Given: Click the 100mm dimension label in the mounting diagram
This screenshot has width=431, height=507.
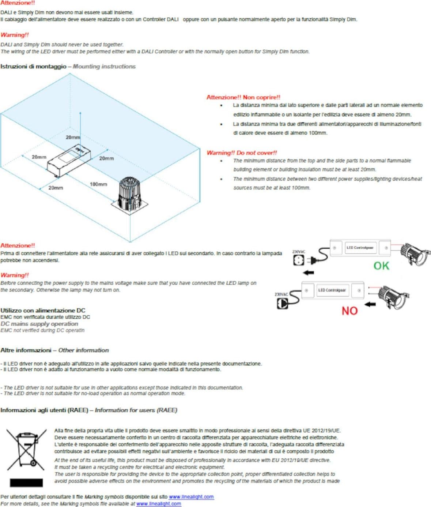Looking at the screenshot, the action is point(98,184).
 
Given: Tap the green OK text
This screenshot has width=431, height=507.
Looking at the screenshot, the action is point(381,266).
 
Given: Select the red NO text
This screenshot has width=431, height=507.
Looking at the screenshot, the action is point(349,311).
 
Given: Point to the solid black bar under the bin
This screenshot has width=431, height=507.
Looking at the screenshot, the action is point(26,483).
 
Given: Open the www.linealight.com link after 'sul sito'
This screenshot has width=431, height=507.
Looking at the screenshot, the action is point(191,497).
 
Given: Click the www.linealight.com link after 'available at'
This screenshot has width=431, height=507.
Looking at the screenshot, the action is point(159,504).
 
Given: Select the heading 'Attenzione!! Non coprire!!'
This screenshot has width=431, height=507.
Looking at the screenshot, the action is point(243,97).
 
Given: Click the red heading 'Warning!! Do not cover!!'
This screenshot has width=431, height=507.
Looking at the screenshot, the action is point(242,153).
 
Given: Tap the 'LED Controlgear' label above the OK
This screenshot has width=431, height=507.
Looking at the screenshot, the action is point(360,248).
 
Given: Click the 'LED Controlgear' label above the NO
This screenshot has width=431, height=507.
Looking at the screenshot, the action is point(332,290).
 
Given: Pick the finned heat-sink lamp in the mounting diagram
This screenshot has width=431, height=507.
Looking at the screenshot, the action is point(130,194).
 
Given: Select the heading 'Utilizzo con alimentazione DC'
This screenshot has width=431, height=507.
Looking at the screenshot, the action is point(43,310).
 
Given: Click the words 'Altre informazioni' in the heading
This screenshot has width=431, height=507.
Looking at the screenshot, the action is point(26,350).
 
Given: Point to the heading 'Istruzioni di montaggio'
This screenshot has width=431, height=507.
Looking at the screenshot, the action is point(33,67).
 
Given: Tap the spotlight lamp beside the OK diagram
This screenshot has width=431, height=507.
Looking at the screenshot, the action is point(415,255).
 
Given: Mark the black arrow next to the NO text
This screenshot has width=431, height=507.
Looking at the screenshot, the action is point(370,304).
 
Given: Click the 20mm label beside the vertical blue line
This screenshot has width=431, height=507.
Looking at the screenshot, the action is point(73,138).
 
